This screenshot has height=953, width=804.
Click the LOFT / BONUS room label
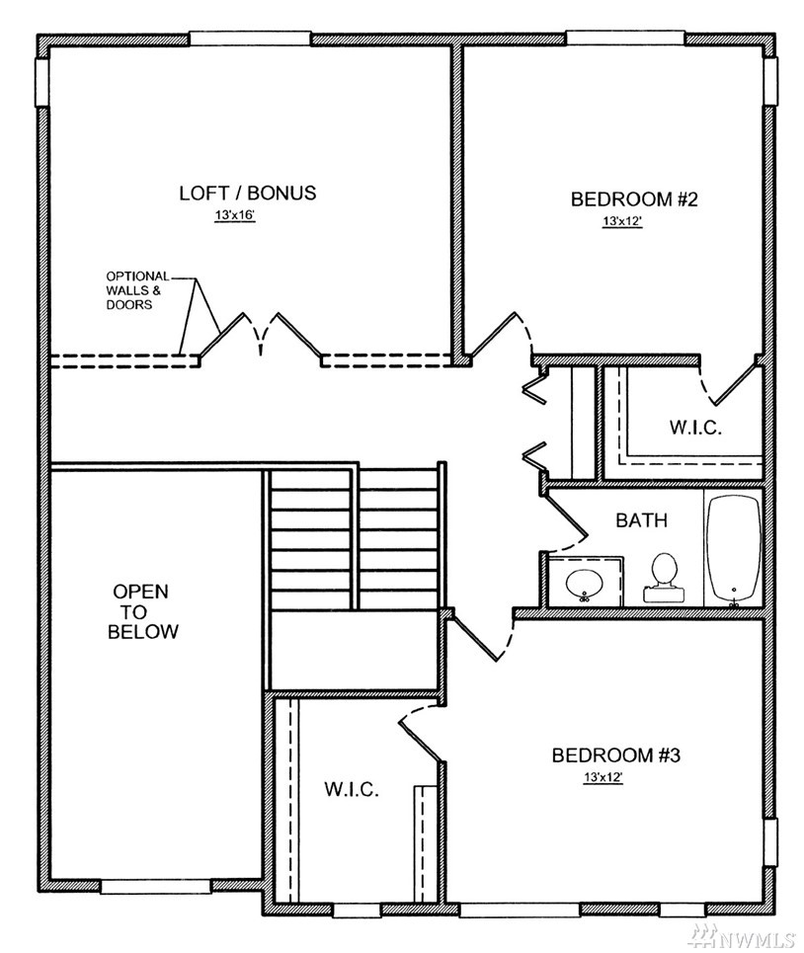click(247, 193)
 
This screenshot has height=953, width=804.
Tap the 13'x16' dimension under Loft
click(234, 215)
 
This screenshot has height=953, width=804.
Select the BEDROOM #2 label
click(634, 199)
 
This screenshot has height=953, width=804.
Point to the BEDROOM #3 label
click(615, 754)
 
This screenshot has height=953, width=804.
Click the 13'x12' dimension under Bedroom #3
click(603, 777)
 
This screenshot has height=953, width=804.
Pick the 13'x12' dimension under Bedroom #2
click(622, 221)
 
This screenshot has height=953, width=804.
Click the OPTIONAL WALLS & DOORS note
click(137, 290)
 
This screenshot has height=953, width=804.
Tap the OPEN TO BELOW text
click(143, 611)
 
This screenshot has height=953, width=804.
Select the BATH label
click(641, 520)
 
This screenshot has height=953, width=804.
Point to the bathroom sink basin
click(585, 584)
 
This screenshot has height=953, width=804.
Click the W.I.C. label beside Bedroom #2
click(695, 428)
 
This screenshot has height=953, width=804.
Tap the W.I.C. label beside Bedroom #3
click(352, 789)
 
